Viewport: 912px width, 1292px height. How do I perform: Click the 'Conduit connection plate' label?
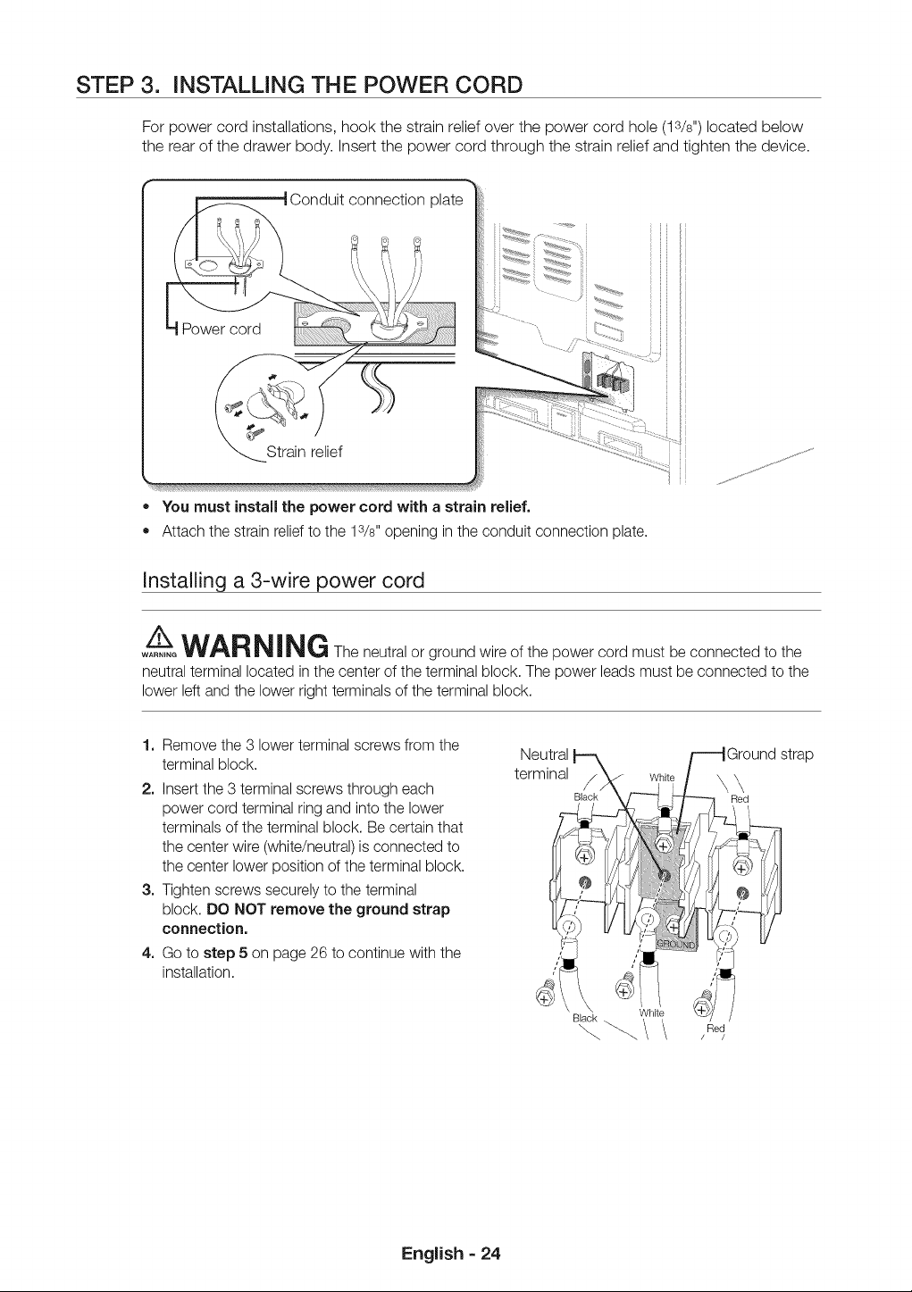(376, 200)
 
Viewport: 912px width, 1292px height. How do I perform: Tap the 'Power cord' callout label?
(221, 329)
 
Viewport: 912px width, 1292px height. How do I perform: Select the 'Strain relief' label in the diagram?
(304, 451)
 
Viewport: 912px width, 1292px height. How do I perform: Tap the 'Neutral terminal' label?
(543, 763)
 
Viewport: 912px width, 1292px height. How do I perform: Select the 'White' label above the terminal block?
(662, 777)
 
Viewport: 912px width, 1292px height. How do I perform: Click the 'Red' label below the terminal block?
(715, 1028)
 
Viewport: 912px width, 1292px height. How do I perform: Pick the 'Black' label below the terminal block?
(584, 1018)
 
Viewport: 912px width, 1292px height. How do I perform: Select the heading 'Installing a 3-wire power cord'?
(283, 579)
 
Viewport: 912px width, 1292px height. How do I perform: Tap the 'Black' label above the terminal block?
(586, 796)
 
